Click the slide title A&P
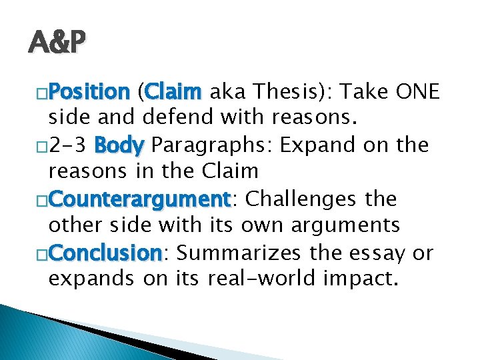pyautogui.click(x=57, y=41)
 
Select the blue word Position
pyautogui.click(x=89, y=91)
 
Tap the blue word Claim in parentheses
pyautogui.click(x=173, y=91)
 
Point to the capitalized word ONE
pyautogui.click(x=417, y=91)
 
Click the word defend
pyautogui.click(x=177, y=117)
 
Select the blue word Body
pyautogui.click(x=119, y=145)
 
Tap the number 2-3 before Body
pyautogui.click(x=67, y=145)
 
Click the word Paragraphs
pyautogui.click(x=208, y=145)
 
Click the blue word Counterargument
pyautogui.click(x=139, y=199)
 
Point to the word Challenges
pyautogui.click(x=301, y=199)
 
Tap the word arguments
pyautogui.click(x=345, y=226)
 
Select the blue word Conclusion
pyautogui.click(x=105, y=253)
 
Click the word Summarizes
pyautogui.click(x=239, y=253)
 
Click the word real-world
pyautogui.click(x=261, y=277)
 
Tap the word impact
pyautogui.click(x=357, y=279)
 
